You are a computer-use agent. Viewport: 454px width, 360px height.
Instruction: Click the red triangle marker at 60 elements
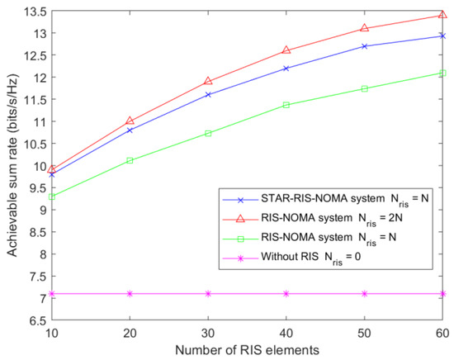[x=443, y=15]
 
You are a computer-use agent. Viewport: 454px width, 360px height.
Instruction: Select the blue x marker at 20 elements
[x=129, y=130]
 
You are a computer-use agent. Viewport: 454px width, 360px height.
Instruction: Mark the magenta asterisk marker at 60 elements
[x=443, y=293]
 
